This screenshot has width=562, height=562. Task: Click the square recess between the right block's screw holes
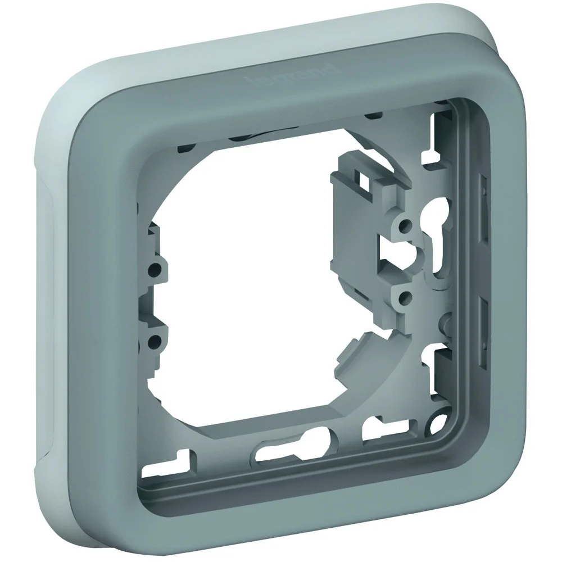coord(393,259)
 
